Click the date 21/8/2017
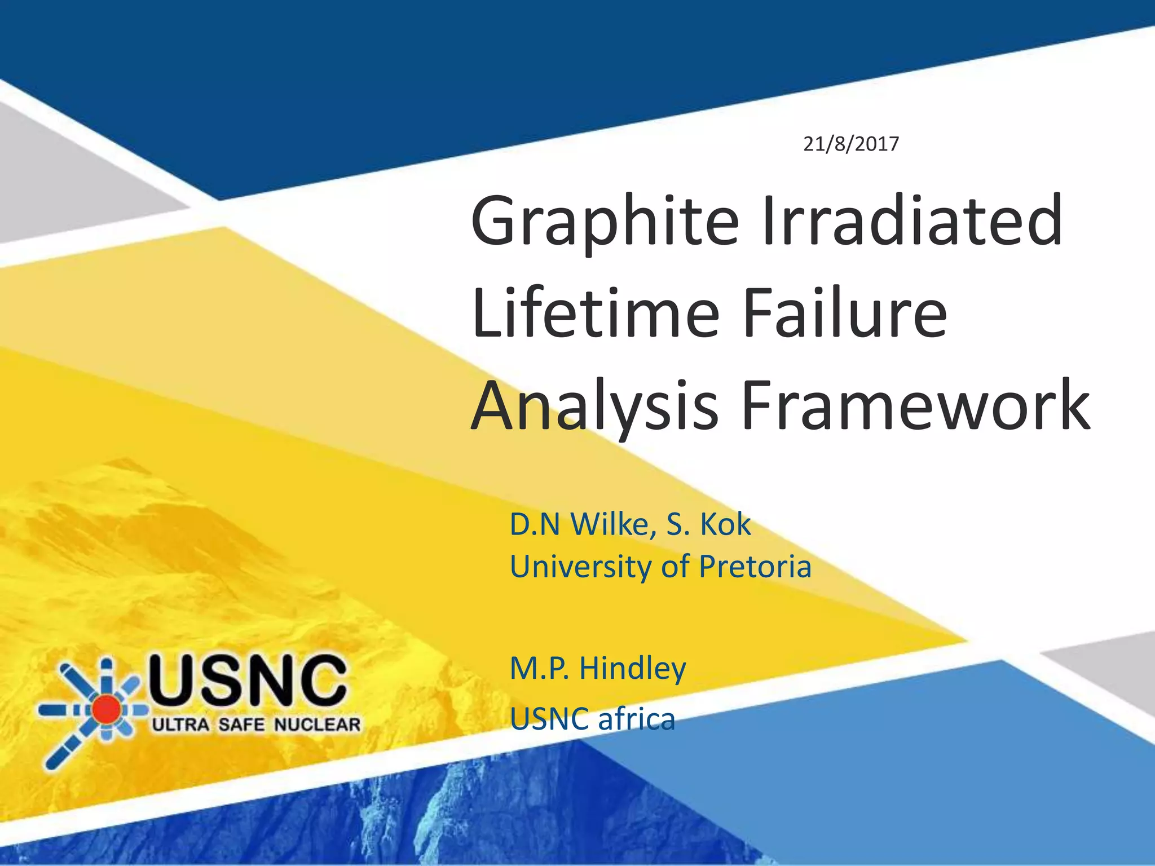click(x=850, y=144)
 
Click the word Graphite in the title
click(x=604, y=221)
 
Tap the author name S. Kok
click(x=709, y=524)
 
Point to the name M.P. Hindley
click(x=598, y=669)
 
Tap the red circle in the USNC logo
click(x=106, y=709)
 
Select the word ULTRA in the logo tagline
click(x=180, y=724)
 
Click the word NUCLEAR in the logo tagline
click(x=317, y=724)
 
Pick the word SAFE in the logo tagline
click(x=241, y=724)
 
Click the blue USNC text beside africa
click(x=546, y=719)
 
